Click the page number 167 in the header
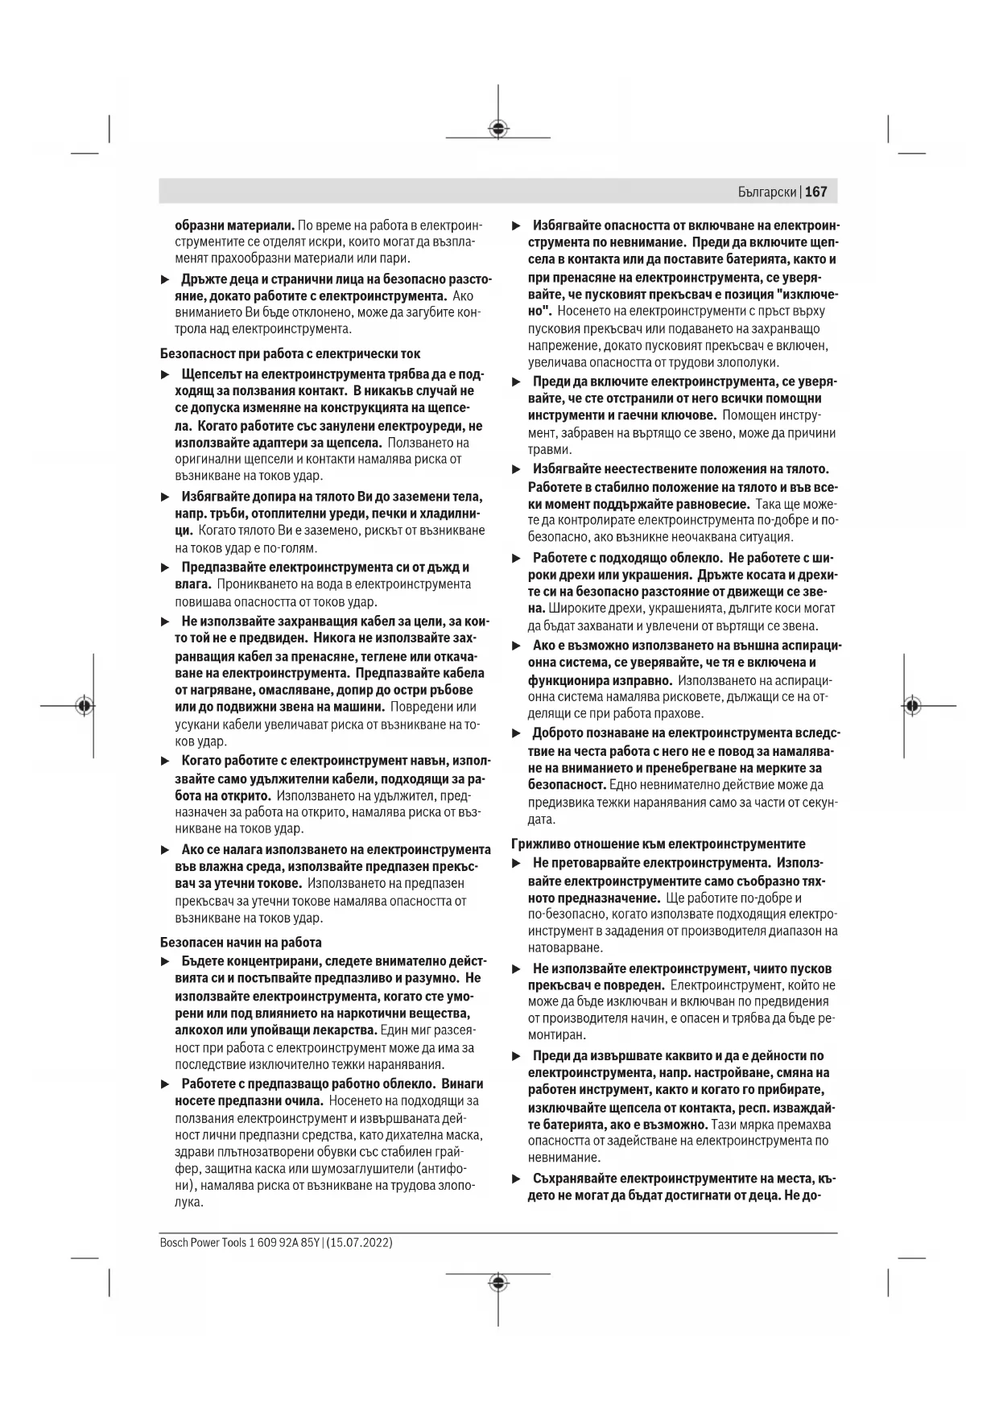(x=815, y=192)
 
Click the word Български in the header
(x=767, y=192)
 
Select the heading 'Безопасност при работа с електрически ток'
(x=290, y=353)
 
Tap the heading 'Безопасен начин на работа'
(x=241, y=942)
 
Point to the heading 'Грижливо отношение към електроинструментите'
(x=658, y=844)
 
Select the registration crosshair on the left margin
(x=85, y=705)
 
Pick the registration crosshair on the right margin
(x=911, y=705)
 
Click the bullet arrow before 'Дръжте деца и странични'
(x=165, y=279)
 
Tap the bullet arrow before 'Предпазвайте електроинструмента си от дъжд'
(x=165, y=568)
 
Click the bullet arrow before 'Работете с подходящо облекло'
(x=517, y=558)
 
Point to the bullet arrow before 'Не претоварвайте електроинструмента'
(x=517, y=863)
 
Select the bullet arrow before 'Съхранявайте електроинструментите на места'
(x=517, y=1179)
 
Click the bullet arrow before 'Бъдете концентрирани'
(x=165, y=961)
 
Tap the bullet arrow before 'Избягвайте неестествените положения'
(x=517, y=469)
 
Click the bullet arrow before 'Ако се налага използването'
(x=165, y=849)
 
